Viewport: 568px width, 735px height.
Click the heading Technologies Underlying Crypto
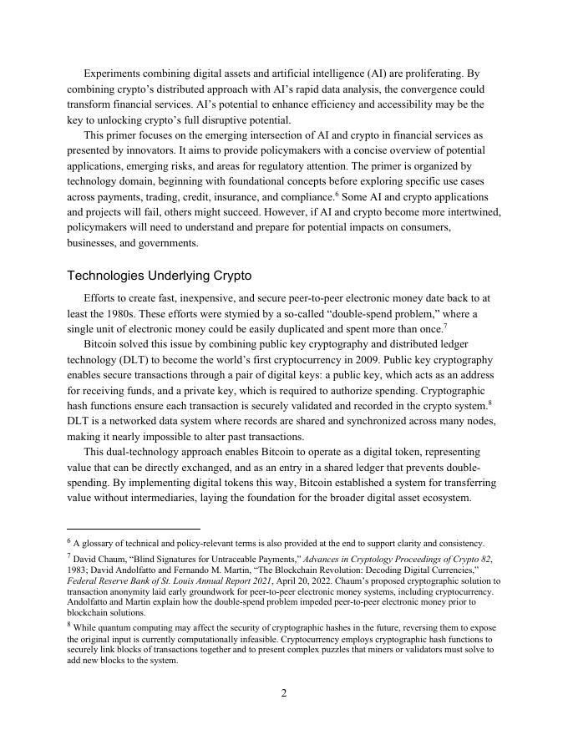(159, 276)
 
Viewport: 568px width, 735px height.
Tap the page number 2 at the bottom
(284, 693)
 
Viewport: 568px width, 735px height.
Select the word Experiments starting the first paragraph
(117, 73)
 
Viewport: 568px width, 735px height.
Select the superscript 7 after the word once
(445, 326)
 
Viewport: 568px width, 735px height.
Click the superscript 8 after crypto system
(489, 403)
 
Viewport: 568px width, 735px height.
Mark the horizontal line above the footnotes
(134, 529)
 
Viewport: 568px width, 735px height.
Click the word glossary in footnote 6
(100, 544)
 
